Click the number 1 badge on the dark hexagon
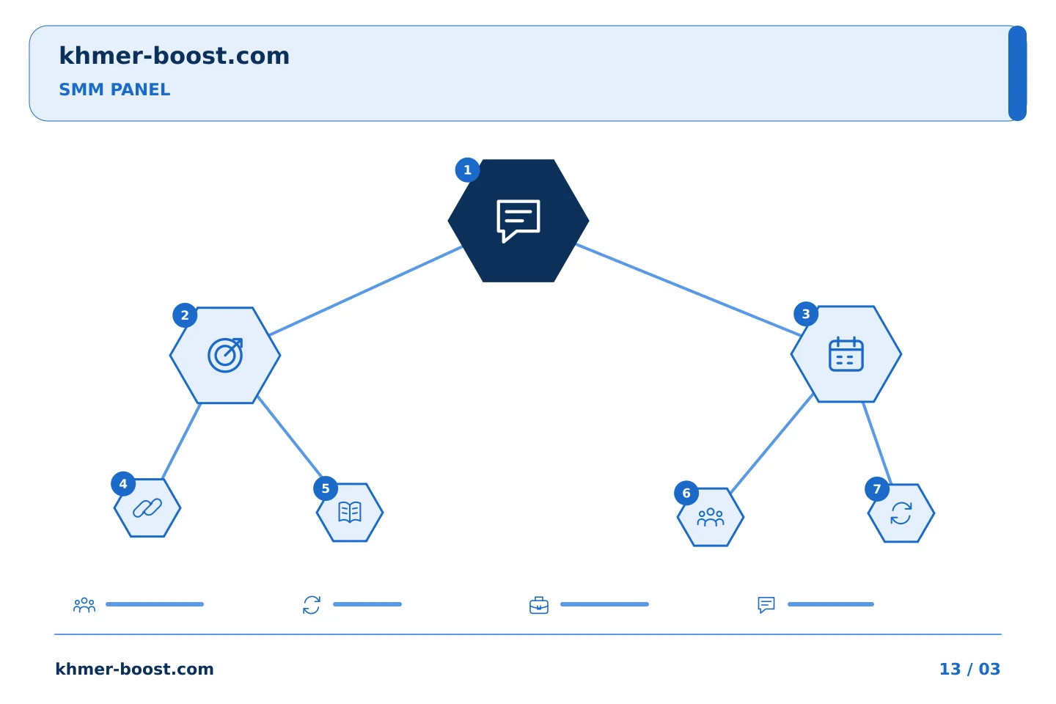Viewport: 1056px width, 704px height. click(467, 169)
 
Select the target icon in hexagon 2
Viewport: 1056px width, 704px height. click(225, 355)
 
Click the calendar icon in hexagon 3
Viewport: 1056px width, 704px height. click(846, 354)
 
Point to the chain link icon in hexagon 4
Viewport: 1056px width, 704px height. click(147, 508)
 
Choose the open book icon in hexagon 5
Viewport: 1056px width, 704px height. click(350, 512)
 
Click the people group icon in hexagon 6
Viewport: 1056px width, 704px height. click(711, 517)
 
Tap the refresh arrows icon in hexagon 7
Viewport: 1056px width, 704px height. click(901, 513)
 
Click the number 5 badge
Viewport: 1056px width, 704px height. click(326, 488)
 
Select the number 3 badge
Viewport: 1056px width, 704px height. click(806, 314)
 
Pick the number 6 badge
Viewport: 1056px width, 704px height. click(686, 494)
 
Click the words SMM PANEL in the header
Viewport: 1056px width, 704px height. click(114, 89)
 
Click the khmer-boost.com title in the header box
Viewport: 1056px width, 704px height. click(174, 56)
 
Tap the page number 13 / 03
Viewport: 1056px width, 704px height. click(969, 669)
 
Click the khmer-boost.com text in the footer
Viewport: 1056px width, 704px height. click(134, 669)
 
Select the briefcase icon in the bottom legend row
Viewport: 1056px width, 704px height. click(539, 605)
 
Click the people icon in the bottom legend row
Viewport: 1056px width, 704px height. click(84, 605)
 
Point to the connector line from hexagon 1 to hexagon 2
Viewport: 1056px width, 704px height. click(366, 291)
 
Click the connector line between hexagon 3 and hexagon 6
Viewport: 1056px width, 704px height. click(771, 444)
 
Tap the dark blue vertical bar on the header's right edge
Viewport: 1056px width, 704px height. click(1017, 73)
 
